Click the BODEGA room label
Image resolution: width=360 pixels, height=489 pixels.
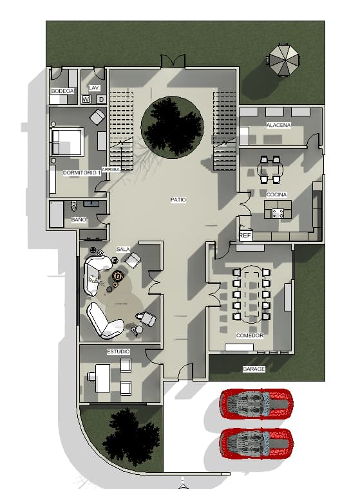point(62,91)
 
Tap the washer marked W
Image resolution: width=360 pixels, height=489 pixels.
point(86,100)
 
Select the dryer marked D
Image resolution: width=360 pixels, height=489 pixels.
point(101,100)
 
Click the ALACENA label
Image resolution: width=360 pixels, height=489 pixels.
point(278,125)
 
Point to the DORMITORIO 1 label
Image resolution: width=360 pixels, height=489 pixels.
point(82,172)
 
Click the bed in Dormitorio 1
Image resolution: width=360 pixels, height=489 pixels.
point(66,142)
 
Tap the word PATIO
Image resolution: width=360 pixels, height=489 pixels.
point(178,199)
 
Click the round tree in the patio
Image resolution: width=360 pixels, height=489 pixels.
point(173,126)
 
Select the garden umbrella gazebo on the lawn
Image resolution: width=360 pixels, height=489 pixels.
point(284,60)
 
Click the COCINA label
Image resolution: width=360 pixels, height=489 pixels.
point(276,194)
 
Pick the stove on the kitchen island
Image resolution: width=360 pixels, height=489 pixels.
point(278,214)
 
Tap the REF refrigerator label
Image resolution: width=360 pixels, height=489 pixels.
point(245,235)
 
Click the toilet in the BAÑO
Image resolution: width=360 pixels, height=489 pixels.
point(73,205)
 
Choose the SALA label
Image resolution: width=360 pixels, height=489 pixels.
point(123,249)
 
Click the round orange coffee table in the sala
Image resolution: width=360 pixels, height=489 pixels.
point(118,276)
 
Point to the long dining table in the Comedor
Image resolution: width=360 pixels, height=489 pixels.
point(251,294)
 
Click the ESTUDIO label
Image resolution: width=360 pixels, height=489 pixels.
point(118,351)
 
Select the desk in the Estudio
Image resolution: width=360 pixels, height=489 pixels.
point(103,378)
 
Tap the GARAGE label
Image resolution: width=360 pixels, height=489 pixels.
point(254,369)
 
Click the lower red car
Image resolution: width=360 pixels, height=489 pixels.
point(256,443)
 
